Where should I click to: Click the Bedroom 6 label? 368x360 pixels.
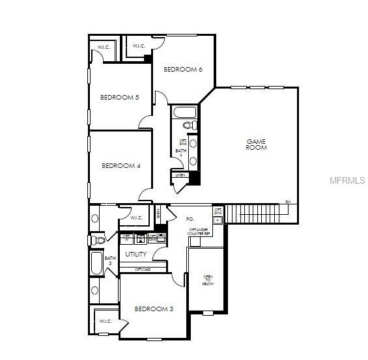tap(182, 70)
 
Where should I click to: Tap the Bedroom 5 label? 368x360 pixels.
tap(119, 98)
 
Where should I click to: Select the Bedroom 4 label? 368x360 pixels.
tap(121, 165)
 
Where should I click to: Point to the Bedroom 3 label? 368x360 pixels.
tap(154, 309)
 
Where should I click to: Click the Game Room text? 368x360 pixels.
tap(256, 145)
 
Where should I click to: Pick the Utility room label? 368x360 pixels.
tap(136, 254)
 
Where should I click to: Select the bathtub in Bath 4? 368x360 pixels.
tap(181, 111)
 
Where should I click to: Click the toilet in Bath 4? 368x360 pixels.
tap(188, 124)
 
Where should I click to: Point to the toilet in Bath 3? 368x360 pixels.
tap(99, 240)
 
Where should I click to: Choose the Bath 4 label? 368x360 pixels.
tap(180, 154)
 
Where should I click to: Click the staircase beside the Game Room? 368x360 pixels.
tap(261, 212)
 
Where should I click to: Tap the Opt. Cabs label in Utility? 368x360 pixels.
tap(143, 269)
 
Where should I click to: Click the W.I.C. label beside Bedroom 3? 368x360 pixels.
tap(106, 321)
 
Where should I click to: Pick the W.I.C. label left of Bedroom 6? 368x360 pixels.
tap(138, 46)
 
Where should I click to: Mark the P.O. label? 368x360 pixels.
tap(190, 219)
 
